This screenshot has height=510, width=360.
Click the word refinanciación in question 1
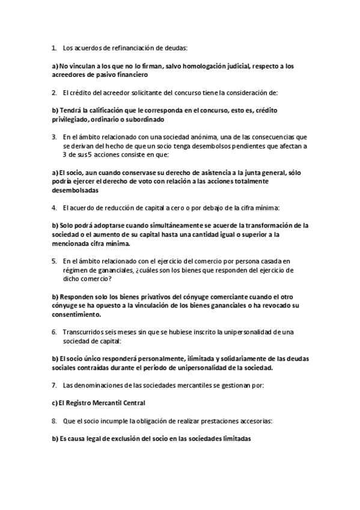(x=129, y=47)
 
